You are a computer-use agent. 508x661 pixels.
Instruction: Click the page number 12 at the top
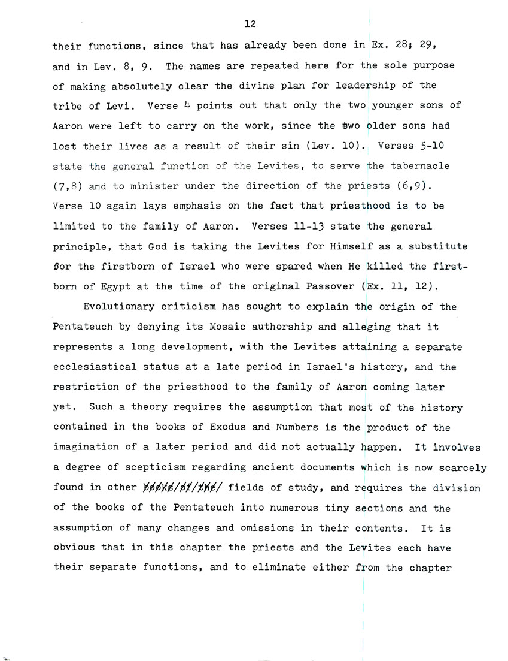click(x=251, y=24)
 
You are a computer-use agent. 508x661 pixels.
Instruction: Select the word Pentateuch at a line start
click(x=81, y=327)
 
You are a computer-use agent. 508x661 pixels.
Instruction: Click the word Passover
click(x=330, y=286)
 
